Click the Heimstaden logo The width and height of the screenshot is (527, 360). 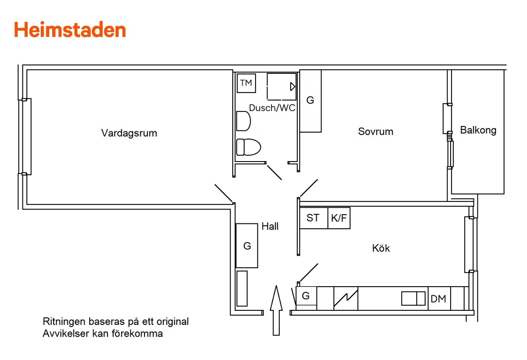(70, 30)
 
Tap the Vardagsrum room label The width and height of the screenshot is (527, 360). (129, 133)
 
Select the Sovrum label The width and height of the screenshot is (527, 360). (375, 131)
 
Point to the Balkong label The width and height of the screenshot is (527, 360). (478, 130)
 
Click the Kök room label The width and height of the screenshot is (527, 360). (381, 248)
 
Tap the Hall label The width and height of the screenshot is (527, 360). (270, 227)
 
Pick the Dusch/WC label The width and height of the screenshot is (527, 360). (272, 108)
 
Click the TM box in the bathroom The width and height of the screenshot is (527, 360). (246, 83)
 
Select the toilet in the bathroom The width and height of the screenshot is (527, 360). (248, 147)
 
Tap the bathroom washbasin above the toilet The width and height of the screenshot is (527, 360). (243, 121)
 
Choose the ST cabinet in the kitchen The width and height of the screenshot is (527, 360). (313, 218)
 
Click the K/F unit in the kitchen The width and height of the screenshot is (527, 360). (339, 218)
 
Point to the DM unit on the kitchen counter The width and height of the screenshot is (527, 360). (438, 299)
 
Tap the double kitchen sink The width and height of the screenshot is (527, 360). (414, 299)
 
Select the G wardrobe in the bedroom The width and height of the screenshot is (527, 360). (310, 101)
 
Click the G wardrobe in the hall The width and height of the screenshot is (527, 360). (247, 246)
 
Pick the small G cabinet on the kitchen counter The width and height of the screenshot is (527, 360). (306, 296)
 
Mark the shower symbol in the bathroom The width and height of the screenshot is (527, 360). (282, 86)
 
